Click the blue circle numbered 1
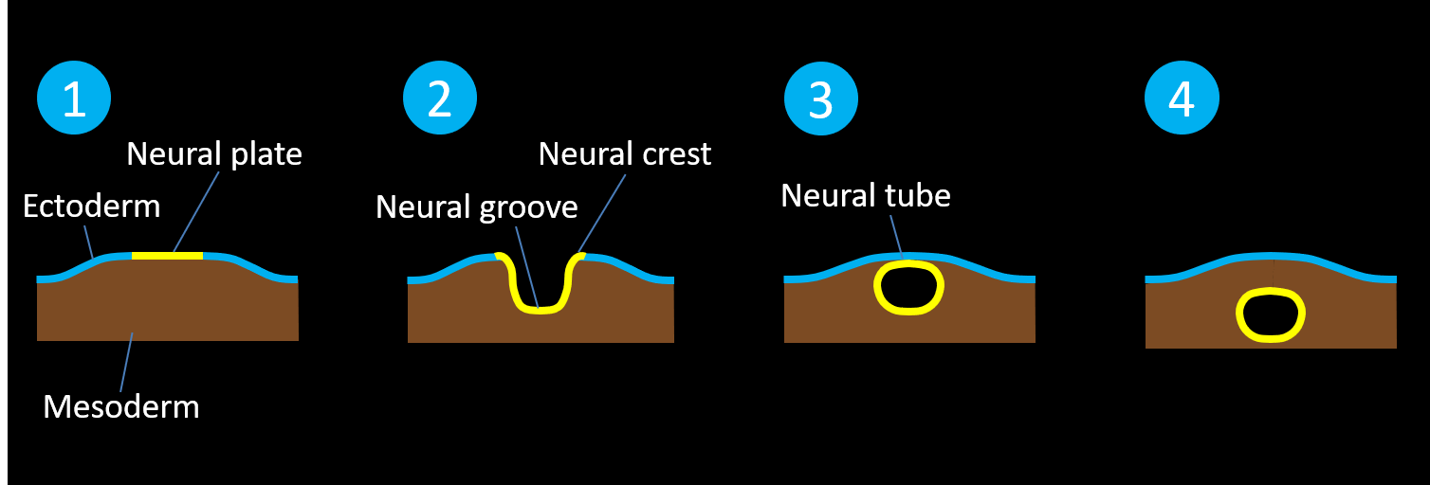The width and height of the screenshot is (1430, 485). (74, 99)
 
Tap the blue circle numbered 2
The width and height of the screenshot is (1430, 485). (440, 99)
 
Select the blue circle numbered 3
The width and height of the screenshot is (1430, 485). (821, 99)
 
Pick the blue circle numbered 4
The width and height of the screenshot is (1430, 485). (1182, 99)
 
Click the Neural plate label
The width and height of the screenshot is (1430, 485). (214, 153)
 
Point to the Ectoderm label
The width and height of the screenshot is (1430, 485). (91, 206)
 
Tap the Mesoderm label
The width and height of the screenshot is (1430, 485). (121, 407)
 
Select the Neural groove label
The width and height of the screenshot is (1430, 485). (476, 207)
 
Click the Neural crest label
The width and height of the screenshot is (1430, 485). (624, 153)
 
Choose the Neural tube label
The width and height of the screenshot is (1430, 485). (865, 196)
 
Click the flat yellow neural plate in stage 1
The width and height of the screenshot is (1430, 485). (167, 256)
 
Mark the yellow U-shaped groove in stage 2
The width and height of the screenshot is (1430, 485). (538, 310)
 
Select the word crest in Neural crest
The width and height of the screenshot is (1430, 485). (673, 153)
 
